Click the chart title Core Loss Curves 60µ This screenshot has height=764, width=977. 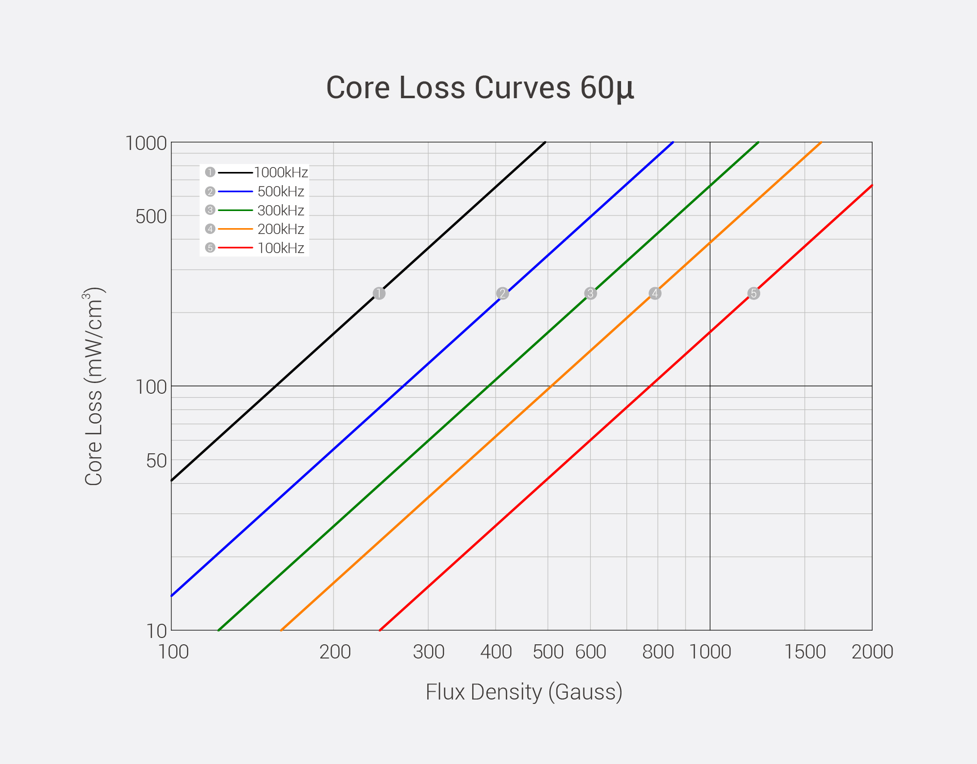(x=480, y=88)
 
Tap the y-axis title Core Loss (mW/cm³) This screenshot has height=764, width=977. (x=93, y=386)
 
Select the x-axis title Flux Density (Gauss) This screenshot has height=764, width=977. (x=524, y=692)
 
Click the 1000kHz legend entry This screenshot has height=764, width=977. (x=281, y=172)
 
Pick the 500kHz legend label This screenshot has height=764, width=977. (x=281, y=191)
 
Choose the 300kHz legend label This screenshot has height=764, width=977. (x=281, y=211)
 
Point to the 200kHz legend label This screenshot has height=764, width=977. (x=281, y=229)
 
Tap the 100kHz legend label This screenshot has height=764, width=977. (x=281, y=248)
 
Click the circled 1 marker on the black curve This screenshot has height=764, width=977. (x=379, y=293)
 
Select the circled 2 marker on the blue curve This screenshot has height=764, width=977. (x=502, y=293)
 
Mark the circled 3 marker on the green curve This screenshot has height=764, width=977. (x=590, y=293)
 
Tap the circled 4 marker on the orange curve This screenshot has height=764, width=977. (x=655, y=293)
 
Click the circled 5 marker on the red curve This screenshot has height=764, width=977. (x=753, y=293)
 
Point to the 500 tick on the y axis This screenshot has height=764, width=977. (x=151, y=216)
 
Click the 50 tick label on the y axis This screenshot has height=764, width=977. (x=157, y=460)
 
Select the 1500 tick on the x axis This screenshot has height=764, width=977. (x=805, y=652)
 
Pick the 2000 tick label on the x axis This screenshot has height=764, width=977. (x=872, y=652)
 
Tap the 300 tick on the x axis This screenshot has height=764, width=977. (x=429, y=652)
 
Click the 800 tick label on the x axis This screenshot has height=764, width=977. (x=658, y=652)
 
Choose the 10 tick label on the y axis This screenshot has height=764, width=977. (x=157, y=631)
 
